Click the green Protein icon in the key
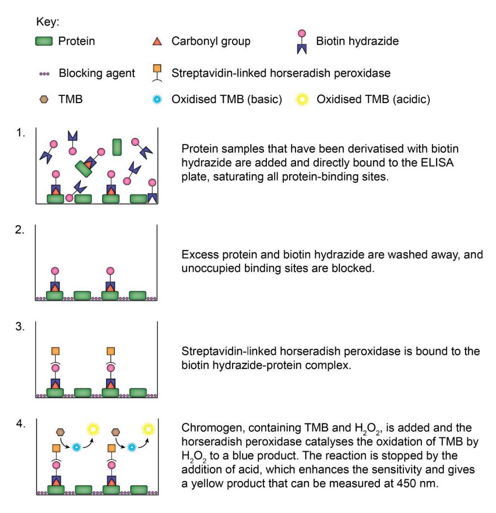[45, 42]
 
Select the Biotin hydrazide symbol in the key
[302, 42]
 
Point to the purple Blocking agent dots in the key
[45, 74]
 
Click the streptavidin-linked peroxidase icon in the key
[157, 73]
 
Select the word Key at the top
[47, 22]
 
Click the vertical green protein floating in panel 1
[117, 147]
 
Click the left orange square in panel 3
[55, 350]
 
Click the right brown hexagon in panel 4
[116, 431]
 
